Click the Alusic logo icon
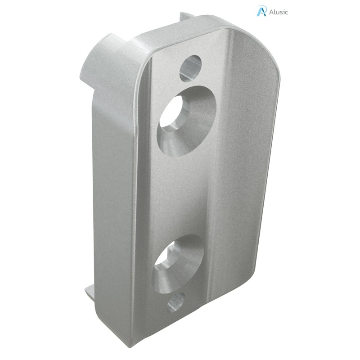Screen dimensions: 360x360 point(261,11)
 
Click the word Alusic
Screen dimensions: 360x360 point(279,12)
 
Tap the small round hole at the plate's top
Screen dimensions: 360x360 point(190,67)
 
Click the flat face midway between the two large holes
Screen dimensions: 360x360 point(184,189)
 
